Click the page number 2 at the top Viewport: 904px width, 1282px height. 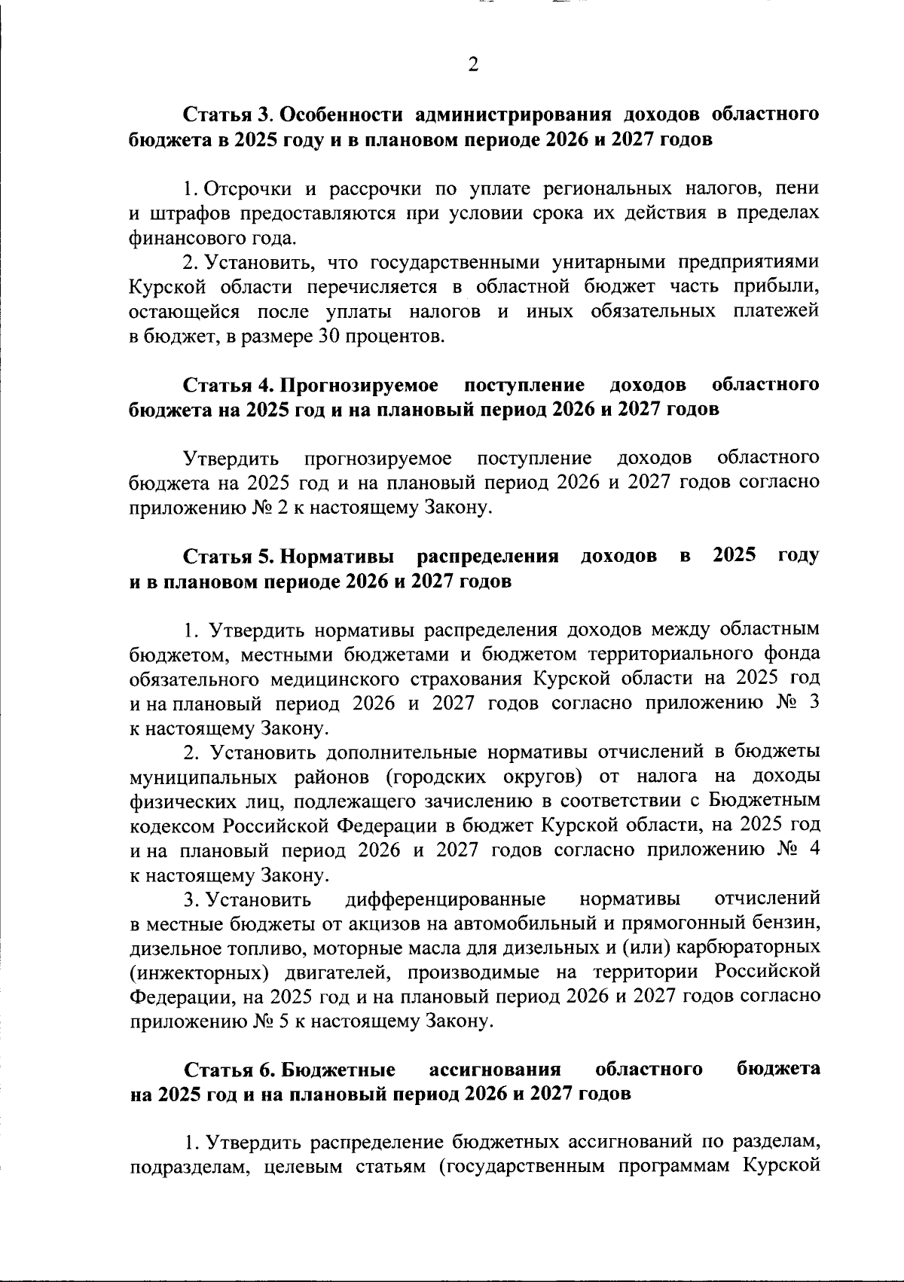(472, 65)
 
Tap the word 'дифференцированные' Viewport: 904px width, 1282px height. (445, 899)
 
